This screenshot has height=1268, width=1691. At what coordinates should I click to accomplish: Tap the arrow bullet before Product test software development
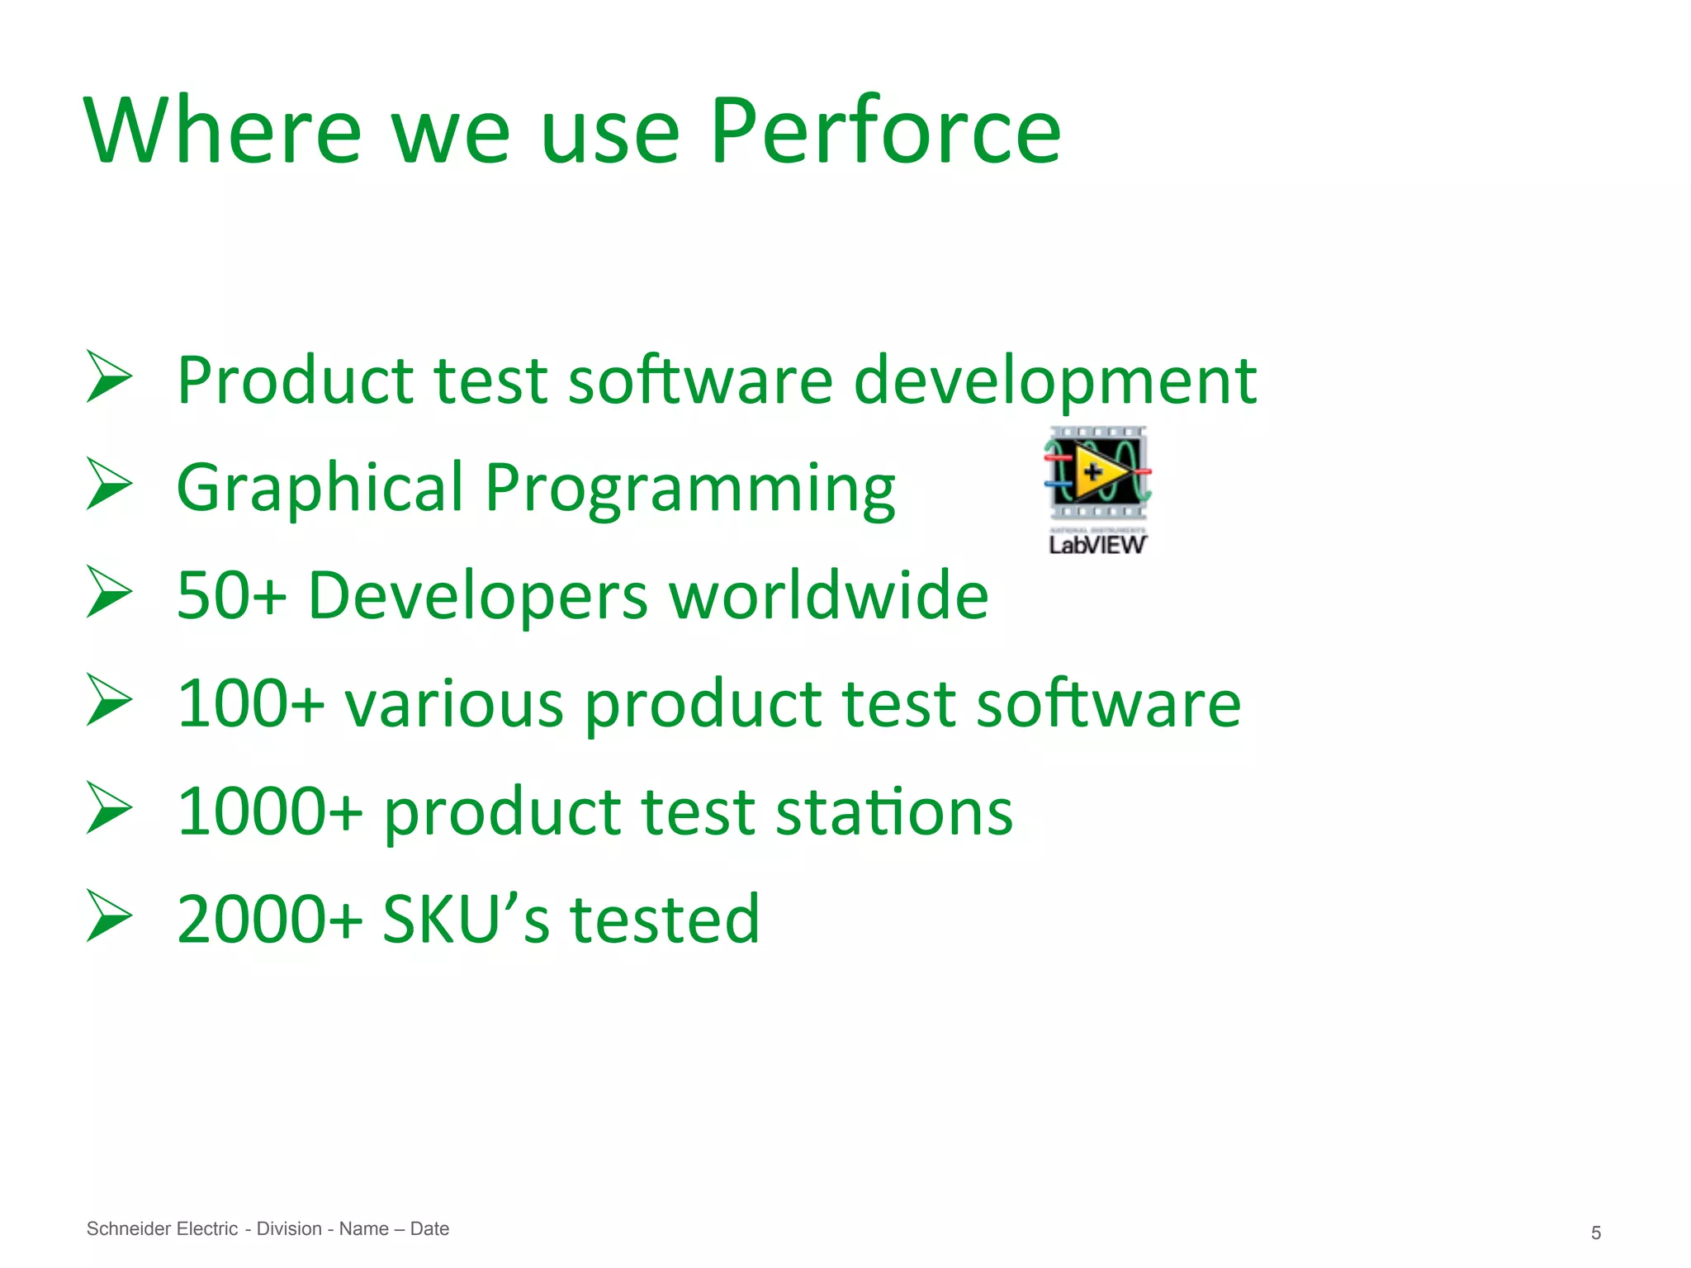click(109, 377)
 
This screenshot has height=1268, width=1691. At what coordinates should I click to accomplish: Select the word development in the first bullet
click(1054, 382)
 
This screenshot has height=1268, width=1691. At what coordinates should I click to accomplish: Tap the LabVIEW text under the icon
click(1097, 545)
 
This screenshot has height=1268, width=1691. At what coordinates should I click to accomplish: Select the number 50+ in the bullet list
click(231, 595)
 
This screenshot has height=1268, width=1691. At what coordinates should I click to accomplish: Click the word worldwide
click(828, 595)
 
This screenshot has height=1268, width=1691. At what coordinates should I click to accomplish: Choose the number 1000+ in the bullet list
click(270, 811)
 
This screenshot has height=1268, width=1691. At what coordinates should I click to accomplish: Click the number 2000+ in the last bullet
click(270, 920)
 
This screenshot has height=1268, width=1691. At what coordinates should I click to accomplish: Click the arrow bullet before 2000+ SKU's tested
click(109, 916)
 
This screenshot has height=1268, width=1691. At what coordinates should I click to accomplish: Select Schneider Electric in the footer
click(162, 1228)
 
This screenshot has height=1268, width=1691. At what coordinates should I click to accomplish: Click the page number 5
click(1595, 1233)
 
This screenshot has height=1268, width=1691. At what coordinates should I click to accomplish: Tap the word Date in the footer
click(429, 1228)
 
